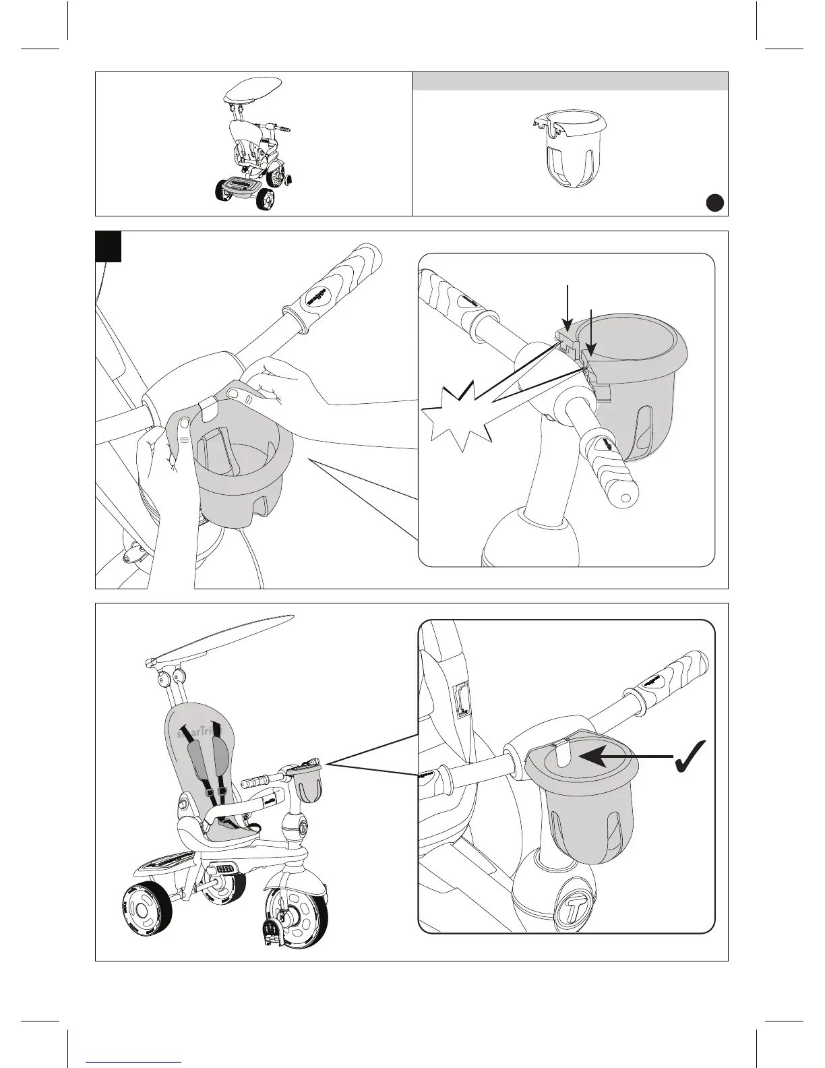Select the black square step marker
click(x=108, y=246)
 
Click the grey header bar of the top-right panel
click(x=570, y=81)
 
